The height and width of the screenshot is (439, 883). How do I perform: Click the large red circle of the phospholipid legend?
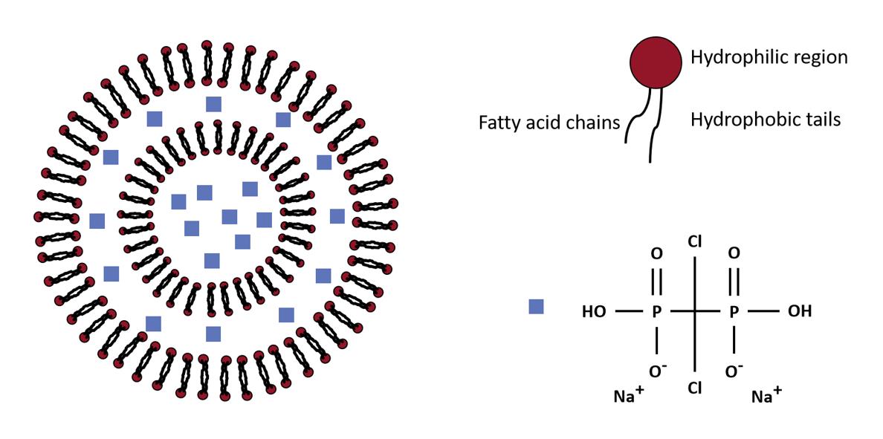(655, 62)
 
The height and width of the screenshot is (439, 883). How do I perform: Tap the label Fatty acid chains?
(549, 122)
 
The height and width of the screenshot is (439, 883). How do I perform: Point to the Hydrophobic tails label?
(766, 119)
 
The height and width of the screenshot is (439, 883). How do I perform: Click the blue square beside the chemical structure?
(536, 306)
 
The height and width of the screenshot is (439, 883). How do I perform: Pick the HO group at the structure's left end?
(595, 312)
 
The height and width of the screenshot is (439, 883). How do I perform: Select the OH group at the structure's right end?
(799, 310)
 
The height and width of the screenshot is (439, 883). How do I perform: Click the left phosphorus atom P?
(657, 312)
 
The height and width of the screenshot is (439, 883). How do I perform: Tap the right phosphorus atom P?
(734, 312)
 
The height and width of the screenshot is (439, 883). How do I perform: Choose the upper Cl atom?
(695, 241)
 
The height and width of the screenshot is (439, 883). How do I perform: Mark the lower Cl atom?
(695, 387)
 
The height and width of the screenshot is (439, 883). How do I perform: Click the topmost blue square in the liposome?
(213, 103)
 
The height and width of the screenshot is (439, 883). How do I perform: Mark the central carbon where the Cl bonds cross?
(695, 311)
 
